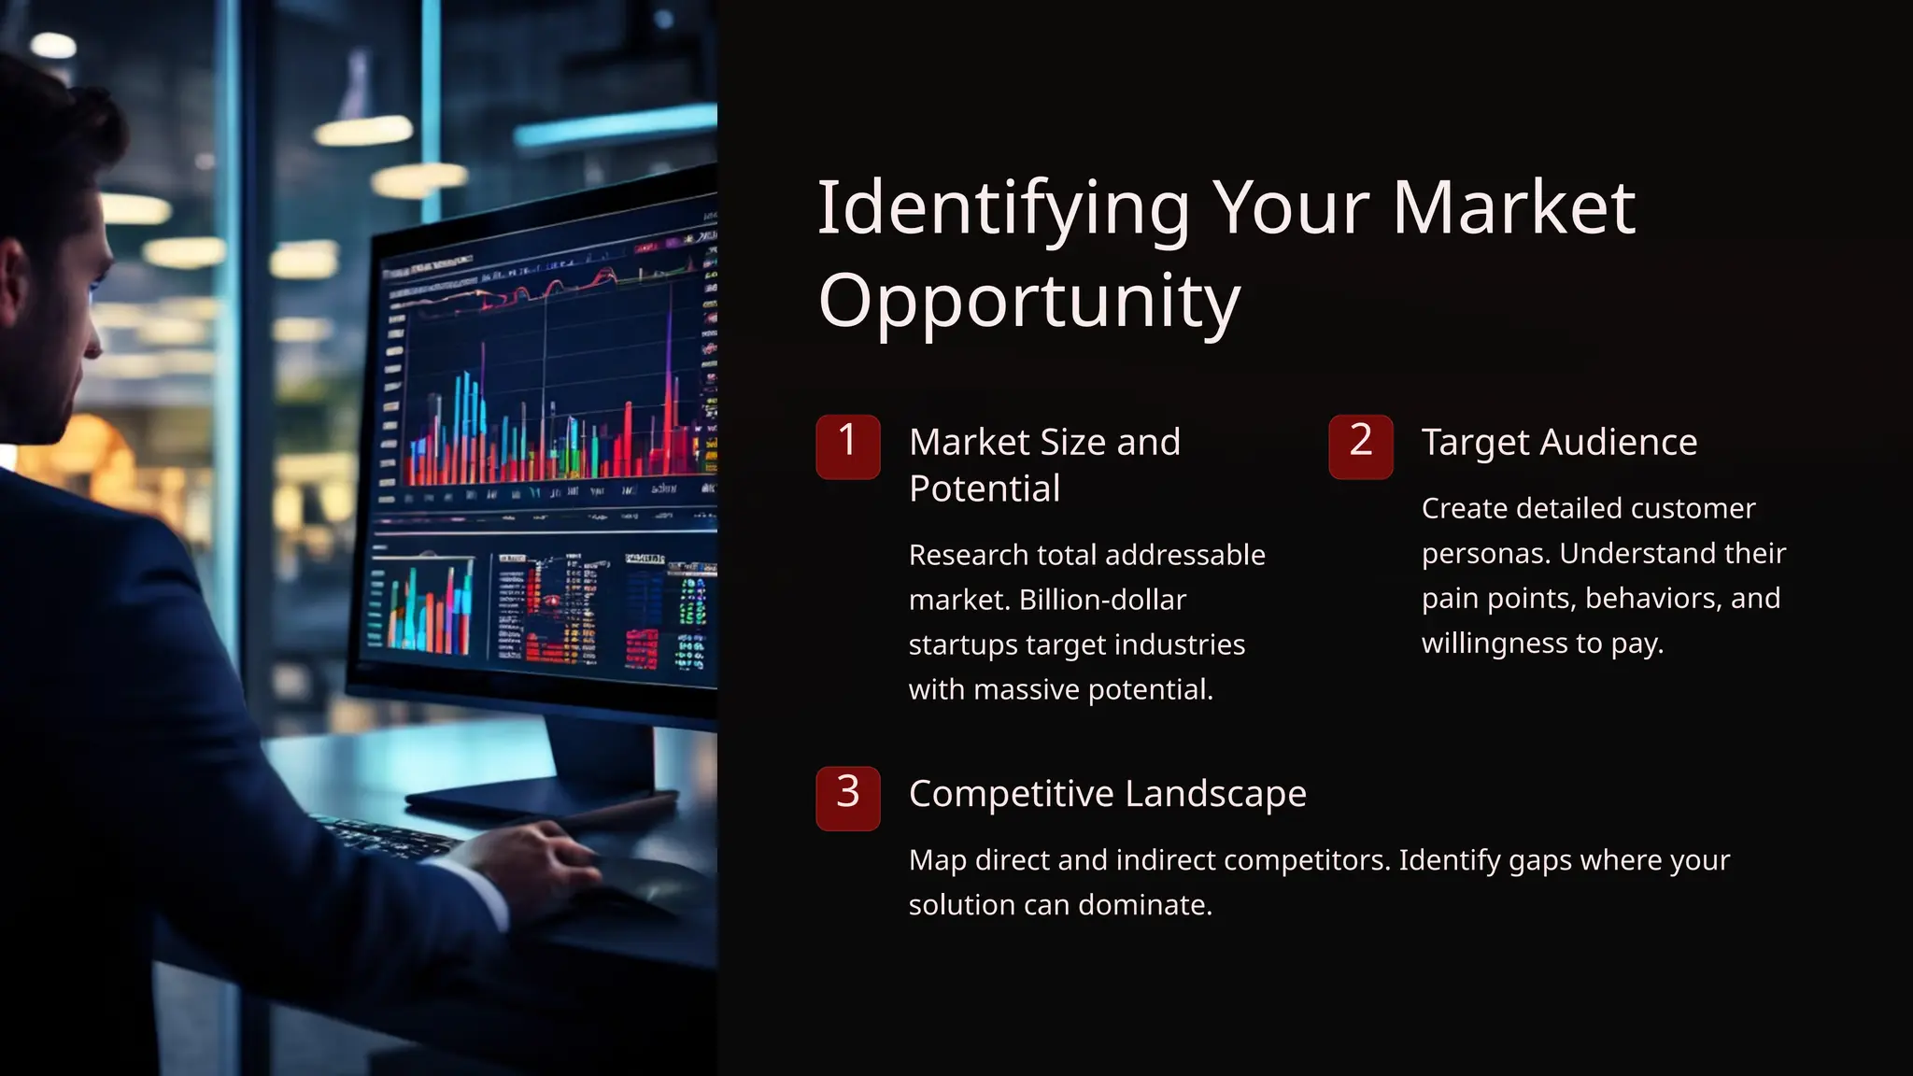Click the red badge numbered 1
[x=847, y=446]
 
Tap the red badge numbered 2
[x=1360, y=446]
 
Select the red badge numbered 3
[x=847, y=798]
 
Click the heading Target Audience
[x=1559, y=442]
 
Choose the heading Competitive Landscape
[x=1107, y=794]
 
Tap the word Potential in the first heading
[x=985, y=488]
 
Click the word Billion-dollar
[x=1102, y=600]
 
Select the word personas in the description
[x=1484, y=554]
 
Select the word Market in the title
[x=1513, y=209]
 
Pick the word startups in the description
[x=962, y=644]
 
